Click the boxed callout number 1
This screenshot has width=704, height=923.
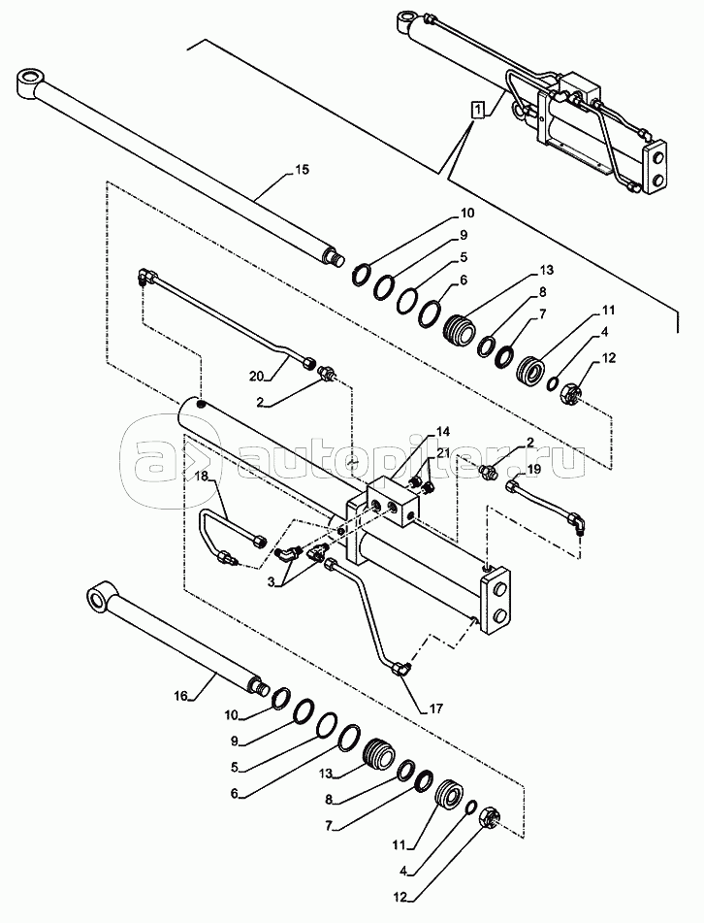(x=479, y=109)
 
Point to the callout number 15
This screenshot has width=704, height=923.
(x=302, y=170)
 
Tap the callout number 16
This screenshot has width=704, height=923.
(x=180, y=696)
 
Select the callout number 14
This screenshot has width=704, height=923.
(x=442, y=432)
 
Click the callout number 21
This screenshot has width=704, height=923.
(x=443, y=452)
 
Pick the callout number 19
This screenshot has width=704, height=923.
(x=533, y=469)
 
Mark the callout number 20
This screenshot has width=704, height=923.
(x=257, y=376)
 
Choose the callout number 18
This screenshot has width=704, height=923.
(x=202, y=477)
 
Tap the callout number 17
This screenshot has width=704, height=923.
(x=435, y=709)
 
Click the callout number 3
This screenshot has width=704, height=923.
(x=271, y=582)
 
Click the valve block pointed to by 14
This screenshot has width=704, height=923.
(x=393, y=502)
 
